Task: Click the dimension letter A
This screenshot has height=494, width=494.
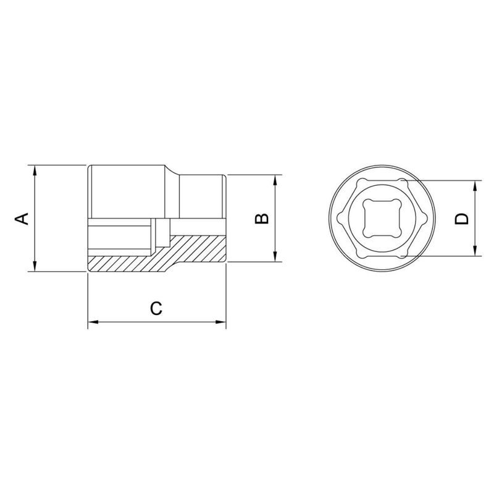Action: [22, 218]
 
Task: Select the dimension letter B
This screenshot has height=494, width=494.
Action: [262, 218]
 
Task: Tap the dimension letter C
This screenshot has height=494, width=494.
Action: [157, 308]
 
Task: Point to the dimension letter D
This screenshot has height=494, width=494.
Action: [462, 218]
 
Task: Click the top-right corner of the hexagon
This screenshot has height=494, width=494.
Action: [402, 181]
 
